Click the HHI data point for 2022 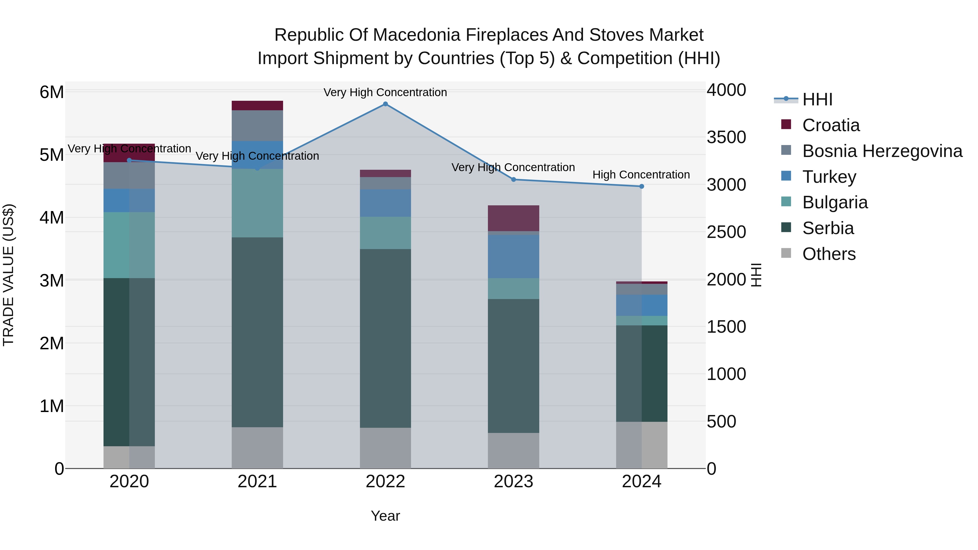coord(385,104)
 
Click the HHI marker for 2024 coord(642,186)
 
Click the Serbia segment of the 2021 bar coord(258,332)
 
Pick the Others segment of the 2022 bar coord(385,448)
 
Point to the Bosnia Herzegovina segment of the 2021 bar coord(258,126)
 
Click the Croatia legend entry coord(831,125)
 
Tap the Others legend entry coord(829,254)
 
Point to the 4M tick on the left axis coord(52,218)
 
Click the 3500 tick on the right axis coord(726,137)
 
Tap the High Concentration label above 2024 coord(641,175)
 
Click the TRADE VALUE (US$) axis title coord(8,275)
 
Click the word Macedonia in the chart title coord(417,35)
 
